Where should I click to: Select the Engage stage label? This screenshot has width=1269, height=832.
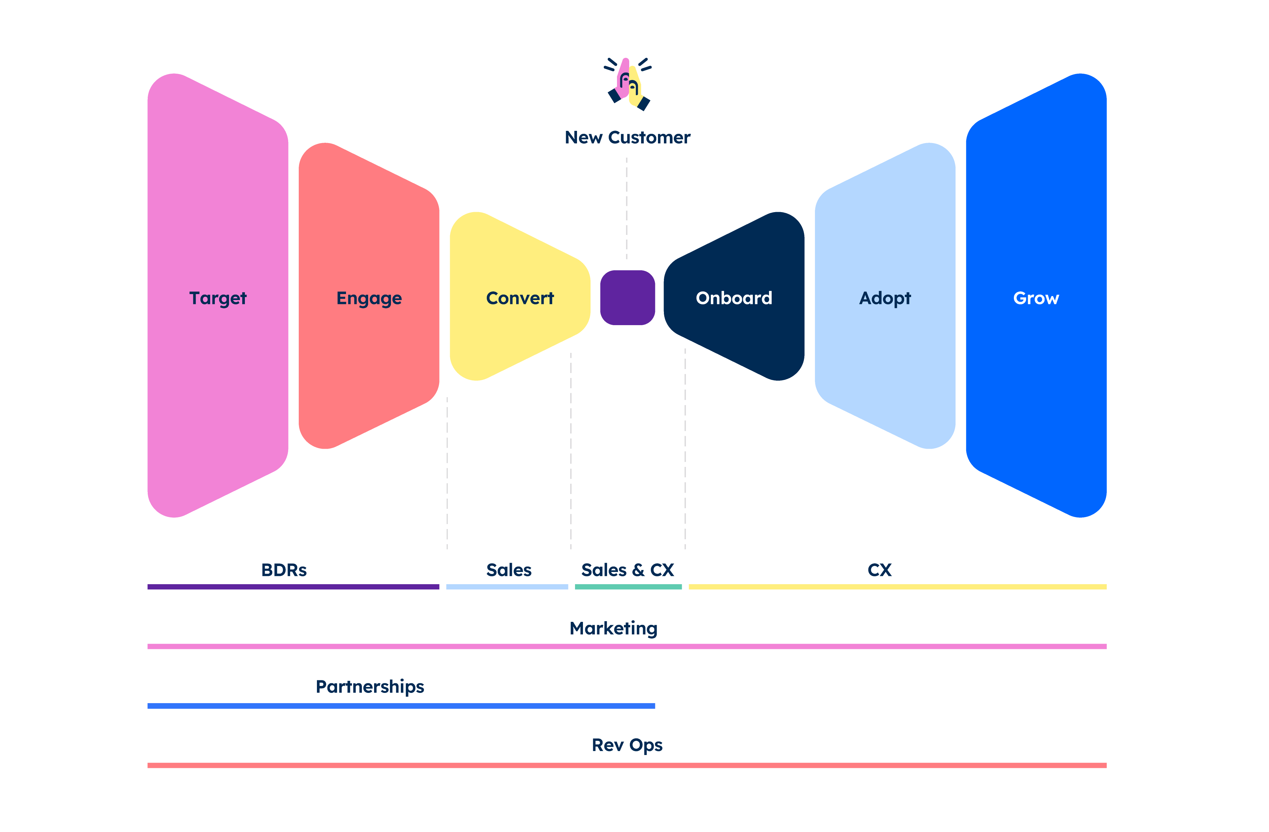pos(369,298)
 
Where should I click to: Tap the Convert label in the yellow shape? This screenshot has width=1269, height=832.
pos(520,298)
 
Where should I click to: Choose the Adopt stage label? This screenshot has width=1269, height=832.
pos(885,298)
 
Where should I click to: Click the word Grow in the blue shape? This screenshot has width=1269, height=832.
pos(1036,298)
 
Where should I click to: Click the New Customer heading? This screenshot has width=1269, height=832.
pos(628,137)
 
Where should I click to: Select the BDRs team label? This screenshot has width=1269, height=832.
pos(284,570)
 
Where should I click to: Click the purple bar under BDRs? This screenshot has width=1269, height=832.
pos(293,587)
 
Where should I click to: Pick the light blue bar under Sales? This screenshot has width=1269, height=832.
pos(507,587)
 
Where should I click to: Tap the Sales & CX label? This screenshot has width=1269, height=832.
pos(628,570)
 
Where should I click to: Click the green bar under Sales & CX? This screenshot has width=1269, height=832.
pos(628,587)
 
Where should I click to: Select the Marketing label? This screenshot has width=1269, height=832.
pos(614,629)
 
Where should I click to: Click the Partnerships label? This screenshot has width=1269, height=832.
pos(370,687)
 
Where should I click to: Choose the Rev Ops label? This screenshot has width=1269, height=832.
pos(627,745)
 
